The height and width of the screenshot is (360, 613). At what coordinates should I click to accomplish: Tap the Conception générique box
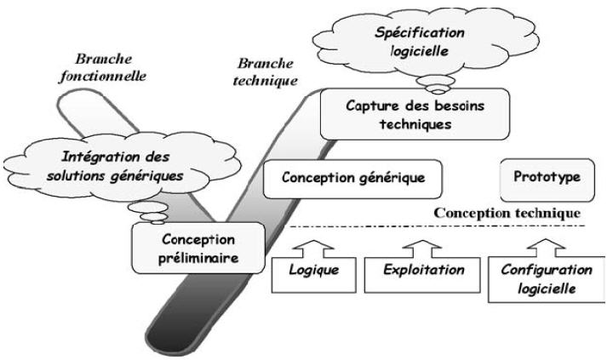355,180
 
